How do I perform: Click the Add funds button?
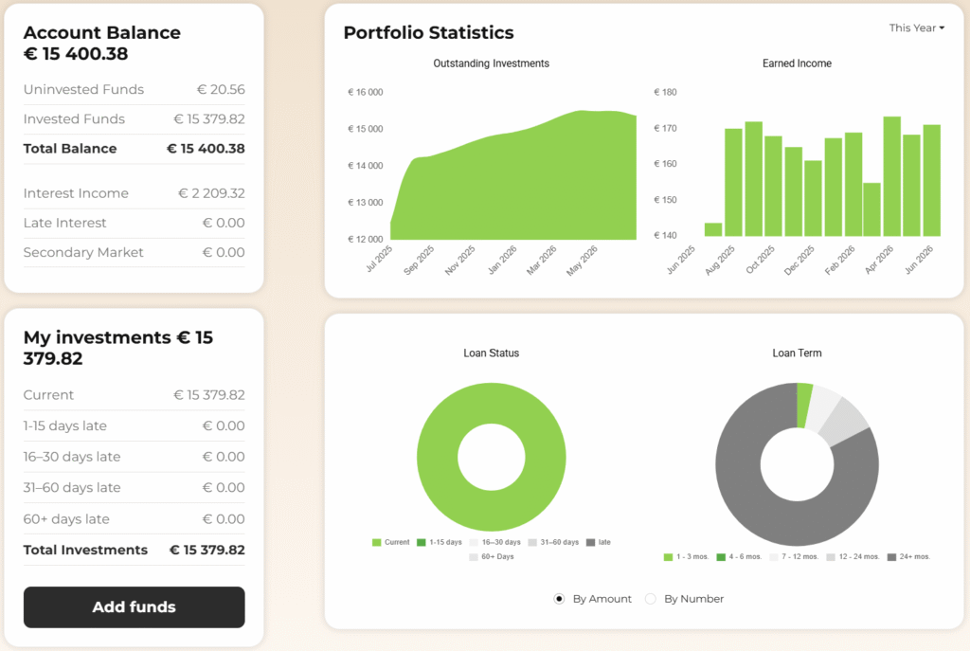pos(135,607)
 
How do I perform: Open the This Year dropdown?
pos(916,27)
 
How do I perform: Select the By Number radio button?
pos(650,598)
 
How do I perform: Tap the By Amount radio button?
pos(559,598)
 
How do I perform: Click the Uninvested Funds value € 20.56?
pos(221,90)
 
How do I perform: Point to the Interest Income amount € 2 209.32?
pos(211,193)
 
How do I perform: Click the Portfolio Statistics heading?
pos(429,33)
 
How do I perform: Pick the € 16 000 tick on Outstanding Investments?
pos(365,92)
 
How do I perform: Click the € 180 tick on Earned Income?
pos(665,92)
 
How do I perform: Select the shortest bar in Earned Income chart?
pos(713,229)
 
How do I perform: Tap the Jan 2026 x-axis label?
pos(502,260)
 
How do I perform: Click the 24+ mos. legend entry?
pos(908,557)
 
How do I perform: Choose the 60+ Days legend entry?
pos(492,557)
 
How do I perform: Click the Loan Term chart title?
pos(797,353)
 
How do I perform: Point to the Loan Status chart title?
pos(492,353)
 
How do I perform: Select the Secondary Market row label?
pos(83,252)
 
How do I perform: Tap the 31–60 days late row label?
pos(72,488)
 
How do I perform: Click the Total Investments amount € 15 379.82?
pos(207,551)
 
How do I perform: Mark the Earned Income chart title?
pos(797,63)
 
